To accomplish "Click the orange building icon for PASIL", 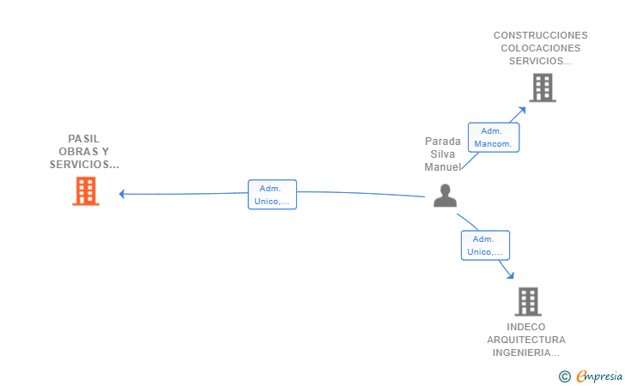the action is (x=86, y=191).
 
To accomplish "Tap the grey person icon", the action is (x=445, y=196).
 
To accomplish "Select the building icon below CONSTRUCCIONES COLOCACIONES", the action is (x=543, y=87).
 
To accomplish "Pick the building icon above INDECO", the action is (x=528, y=302).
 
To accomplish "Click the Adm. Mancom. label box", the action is (x=494, y=137).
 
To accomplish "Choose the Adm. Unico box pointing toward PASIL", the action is (x=272, y=195).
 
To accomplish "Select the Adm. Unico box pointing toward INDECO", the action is (x=485, y=245).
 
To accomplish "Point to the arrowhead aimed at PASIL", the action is (x=122, y=194).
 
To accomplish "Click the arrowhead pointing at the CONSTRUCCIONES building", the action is (x=522, y=111).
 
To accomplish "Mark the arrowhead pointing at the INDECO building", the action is (x=510, y=274).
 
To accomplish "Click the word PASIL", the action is (x=84, y=139).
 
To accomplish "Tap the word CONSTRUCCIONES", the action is (x=541, y=35).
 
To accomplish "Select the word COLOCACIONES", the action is (x=541, y=48).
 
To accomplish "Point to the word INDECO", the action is (x=525, y=327).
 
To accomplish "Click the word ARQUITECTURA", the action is (x=526, y=340).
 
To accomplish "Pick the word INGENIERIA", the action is (x=522, y=353).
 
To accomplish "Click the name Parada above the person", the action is (x=442, y=142).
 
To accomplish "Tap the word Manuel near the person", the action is (x=442, y=167).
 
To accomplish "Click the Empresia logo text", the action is (x=599, y=376).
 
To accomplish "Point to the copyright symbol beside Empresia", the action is (x=564, y=377).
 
